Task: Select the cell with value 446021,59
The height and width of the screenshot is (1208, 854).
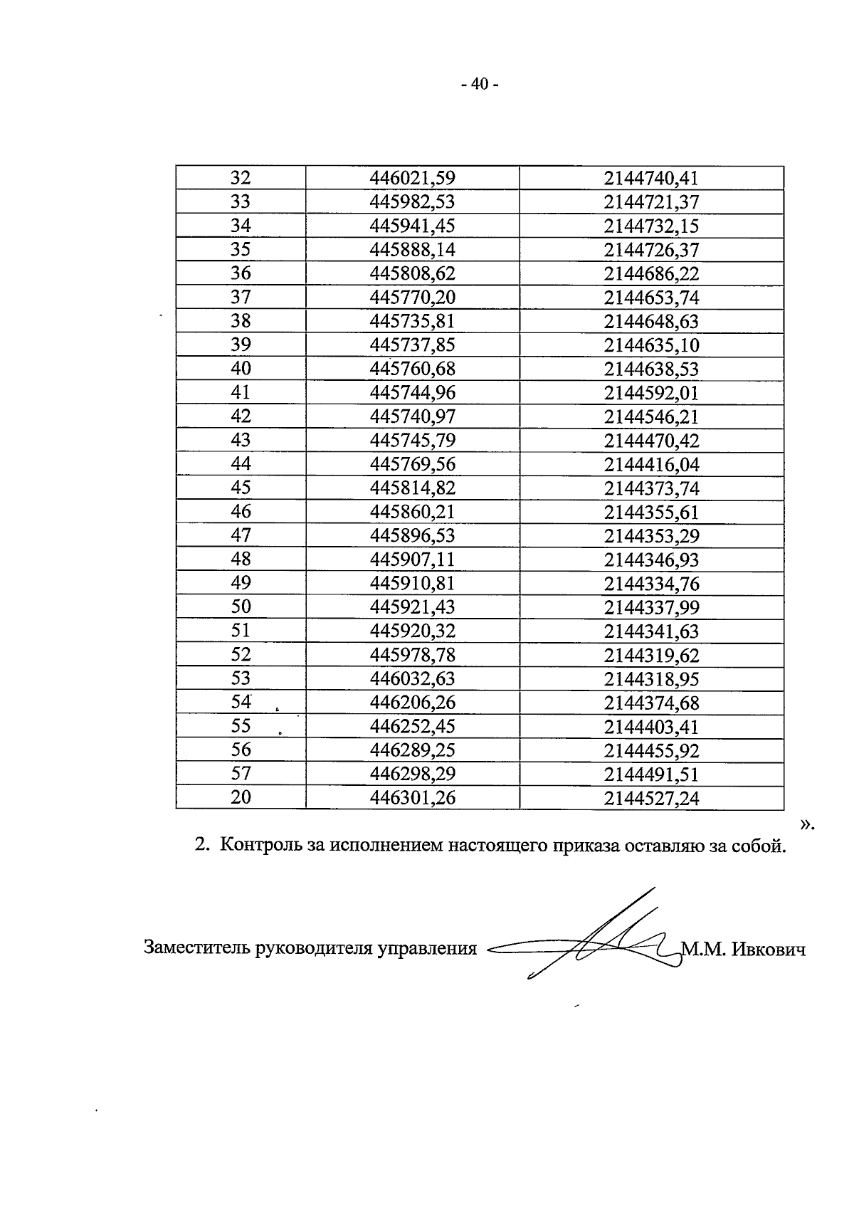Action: pos(412,178)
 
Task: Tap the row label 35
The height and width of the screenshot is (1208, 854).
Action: pos(241,249)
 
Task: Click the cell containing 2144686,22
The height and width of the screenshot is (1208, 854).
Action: pos(651,273)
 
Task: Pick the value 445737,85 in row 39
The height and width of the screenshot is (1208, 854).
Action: pos(412,345)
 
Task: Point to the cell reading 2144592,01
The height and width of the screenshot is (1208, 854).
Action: pos(651,393)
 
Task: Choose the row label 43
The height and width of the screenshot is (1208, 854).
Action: pos(241,441)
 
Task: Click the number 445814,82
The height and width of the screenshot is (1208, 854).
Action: pos(412,488)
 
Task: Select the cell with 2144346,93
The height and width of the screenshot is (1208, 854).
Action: pos(651,560)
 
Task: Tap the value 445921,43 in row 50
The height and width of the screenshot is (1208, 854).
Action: pos(412,607)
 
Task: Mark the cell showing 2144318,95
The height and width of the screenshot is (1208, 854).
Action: pos(651,678)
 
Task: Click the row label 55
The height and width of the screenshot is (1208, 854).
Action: pos(241,726)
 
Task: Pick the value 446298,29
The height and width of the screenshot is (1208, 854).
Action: pos(412,774)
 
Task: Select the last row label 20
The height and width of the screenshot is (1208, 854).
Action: pos(241,797)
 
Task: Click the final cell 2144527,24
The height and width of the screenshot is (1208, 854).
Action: pos(651,798)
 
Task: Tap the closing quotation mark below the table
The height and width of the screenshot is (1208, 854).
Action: pos(805,825)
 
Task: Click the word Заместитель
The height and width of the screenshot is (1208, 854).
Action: pos(196,948)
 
